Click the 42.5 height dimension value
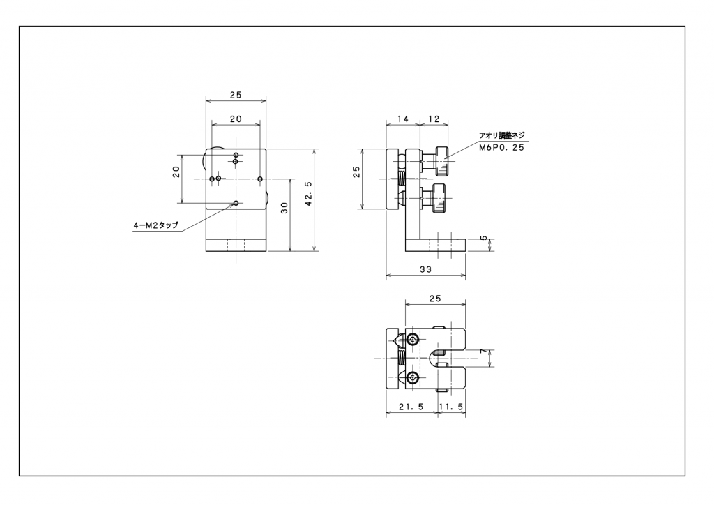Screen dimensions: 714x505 309,194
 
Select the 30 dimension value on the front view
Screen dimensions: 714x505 284,208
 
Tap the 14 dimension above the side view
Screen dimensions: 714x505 403,119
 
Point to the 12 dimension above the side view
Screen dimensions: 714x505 434,119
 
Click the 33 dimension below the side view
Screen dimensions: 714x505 426,269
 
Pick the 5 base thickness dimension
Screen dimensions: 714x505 484,238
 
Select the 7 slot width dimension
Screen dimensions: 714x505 484,352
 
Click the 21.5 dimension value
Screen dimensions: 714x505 411,407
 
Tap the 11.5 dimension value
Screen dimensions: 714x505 451,407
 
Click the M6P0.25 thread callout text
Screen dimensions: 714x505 502,148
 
